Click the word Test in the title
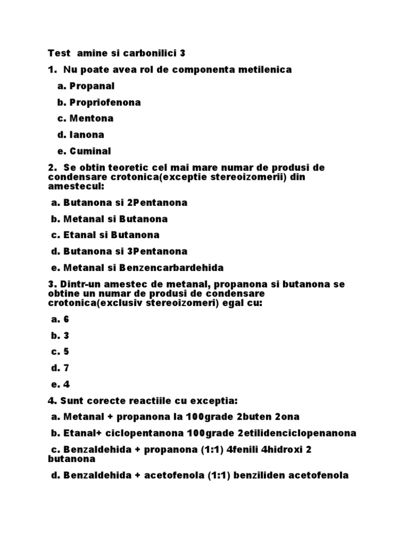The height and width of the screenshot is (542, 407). [59, 53]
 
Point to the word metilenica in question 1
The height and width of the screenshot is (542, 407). [265, 70]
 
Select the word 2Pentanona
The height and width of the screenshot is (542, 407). [157, 203]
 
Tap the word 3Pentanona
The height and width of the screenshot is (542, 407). [157, 251]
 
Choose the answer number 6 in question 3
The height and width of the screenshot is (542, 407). [66, 319]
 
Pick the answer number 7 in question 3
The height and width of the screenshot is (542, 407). [66, 368]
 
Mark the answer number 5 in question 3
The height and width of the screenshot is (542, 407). [66, 351]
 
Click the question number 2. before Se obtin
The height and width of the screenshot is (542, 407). [51, 168]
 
